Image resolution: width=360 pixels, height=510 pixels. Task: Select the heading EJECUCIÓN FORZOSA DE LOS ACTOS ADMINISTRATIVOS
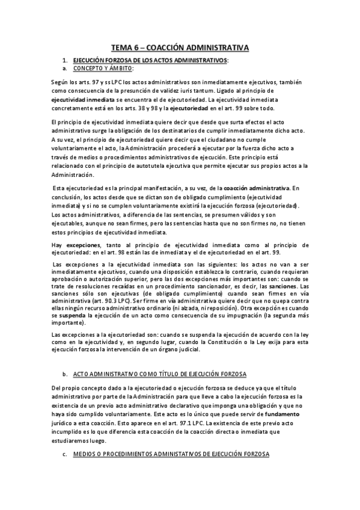tap(150, 60)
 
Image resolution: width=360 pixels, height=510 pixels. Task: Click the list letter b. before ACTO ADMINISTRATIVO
tap(64, 374)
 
